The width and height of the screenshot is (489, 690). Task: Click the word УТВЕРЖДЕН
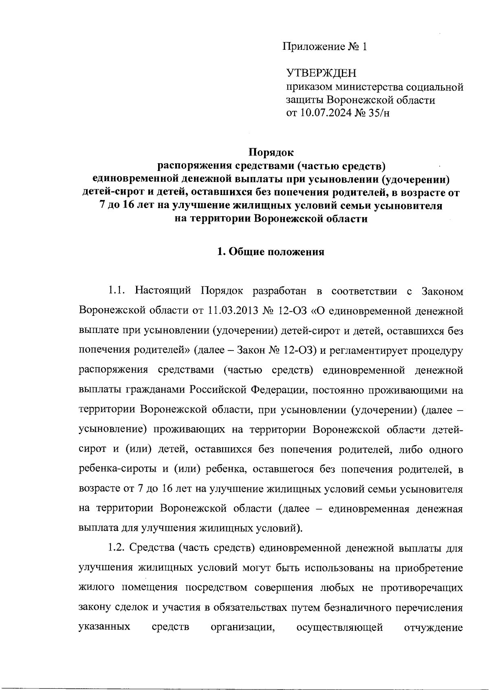pyautogui.click(x=321, y=73)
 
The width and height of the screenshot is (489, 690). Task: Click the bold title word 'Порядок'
pyautogui.click(x=271, y=153)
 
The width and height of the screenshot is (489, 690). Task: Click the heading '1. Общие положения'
pyautogui.click(x=271, y=252)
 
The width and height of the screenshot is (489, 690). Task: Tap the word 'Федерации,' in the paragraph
pyautogui.click(x=278, y=390)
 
